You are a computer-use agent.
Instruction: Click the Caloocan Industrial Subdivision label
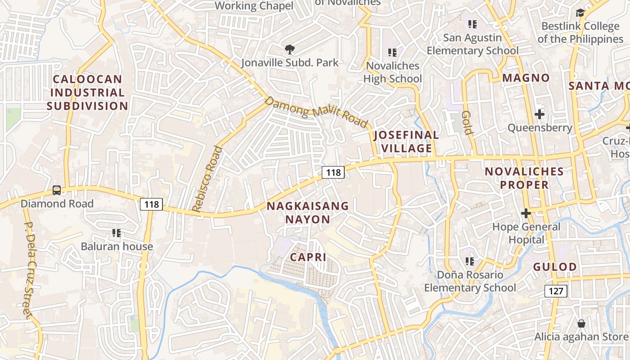(x=87, y=93)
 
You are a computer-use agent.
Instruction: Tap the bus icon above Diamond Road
(x=57, y=190)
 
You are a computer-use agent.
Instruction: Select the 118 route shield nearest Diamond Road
(x=151, y=204)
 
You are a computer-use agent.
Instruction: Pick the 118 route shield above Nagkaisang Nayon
(x=333, y=172)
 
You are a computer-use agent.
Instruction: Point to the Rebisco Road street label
(x=207, y=179)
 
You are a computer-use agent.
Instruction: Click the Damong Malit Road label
(x=316, y=112)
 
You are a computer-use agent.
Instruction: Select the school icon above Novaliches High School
(x=392, y=53)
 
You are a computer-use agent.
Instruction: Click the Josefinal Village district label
(x=406, y=141)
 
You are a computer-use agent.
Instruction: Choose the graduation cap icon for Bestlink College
(x=580, y=13)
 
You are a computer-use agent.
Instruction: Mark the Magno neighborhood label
(x=526, y=78)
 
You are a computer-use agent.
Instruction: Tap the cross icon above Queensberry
(x=540, y=114)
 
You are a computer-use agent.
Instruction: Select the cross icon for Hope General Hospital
(x=526, y=213)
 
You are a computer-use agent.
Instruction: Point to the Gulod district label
(x=555, y=267)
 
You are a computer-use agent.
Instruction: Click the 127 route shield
(x=556, y=291)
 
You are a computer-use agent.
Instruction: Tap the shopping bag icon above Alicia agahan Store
(x=581, y=324)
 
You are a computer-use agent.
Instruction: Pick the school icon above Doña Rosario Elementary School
(x=470, y=261)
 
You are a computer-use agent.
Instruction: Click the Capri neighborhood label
(x=308, y=257)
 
